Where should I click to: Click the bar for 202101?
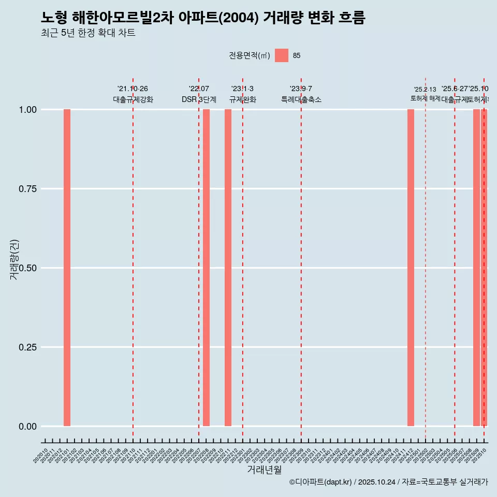[67, 268]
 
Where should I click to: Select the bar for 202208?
[206, 268]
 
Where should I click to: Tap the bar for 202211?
[228, 268]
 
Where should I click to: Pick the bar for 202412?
[411, 268]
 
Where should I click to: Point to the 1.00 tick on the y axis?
[27, 110]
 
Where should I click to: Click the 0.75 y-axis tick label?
[27, 189]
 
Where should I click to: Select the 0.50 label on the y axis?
[27, 268]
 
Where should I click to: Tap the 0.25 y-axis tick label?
[27, 347]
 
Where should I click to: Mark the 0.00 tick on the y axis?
[27, 427]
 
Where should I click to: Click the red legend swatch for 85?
[281, 55]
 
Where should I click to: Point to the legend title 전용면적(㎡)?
[250, 55]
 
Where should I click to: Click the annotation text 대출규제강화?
[133, 99]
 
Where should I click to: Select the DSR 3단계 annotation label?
[199, 99]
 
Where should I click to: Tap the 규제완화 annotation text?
[243, 99]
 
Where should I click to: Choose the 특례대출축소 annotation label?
[301, 99]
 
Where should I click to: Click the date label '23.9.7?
[301, 89]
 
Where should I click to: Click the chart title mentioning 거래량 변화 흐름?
[203, 18]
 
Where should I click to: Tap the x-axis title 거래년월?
[265, 470]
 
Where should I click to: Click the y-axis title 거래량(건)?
[14, 259]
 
